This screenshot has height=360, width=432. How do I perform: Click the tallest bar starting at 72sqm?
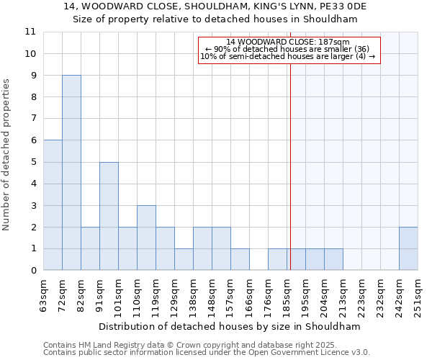(x=71, y=173)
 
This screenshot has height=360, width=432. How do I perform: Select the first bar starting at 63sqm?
(x=53, y=205)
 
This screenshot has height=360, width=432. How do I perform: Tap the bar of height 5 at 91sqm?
(x=109, y=216)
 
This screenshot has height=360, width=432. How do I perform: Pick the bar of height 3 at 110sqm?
(x=146, y=238)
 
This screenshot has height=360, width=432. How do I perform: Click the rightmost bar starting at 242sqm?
(x=408, y=248)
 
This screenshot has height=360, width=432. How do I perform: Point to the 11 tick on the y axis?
(x=30, y=32)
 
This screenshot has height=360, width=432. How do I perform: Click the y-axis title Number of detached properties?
(x=6, y=151)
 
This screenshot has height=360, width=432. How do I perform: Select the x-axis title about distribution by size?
(x=229, y=326)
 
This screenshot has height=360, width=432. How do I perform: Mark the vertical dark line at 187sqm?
(x=290, y=166)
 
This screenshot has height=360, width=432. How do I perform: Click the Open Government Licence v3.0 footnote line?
(x=207, y=353)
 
